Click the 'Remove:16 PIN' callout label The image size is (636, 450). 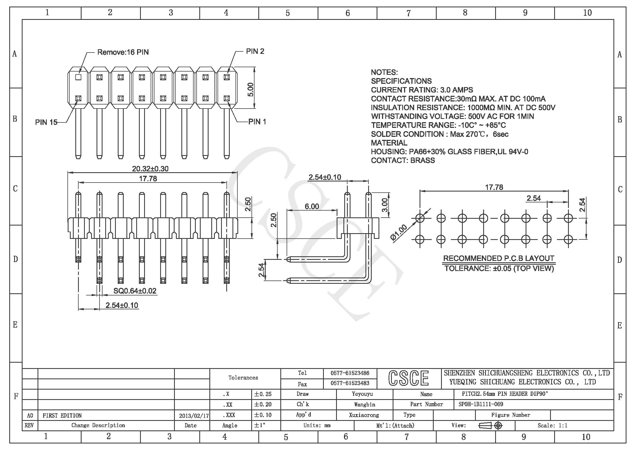click(123, 52)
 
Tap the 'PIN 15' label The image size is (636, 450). click(46, 122)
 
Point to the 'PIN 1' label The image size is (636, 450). click(257, 122)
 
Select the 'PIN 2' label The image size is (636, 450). click(255, 51)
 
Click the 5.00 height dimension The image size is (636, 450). click(250, 89)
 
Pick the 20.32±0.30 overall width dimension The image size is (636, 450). click(150, 169)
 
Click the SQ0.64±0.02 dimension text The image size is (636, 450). click(135, 291)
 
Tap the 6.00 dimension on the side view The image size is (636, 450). click(312, 206)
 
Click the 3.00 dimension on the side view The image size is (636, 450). click(385, 205)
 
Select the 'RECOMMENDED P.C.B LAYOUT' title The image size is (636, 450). click(499, 258)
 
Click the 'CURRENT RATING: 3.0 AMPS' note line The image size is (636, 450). click(422, 90)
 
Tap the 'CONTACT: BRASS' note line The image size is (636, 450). click(403, 161)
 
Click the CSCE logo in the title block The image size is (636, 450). click(409, 378)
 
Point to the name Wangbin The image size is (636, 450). click(364, 405)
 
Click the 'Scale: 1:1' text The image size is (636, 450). click(552, 426)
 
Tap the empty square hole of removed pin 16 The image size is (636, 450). click(78, 77)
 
